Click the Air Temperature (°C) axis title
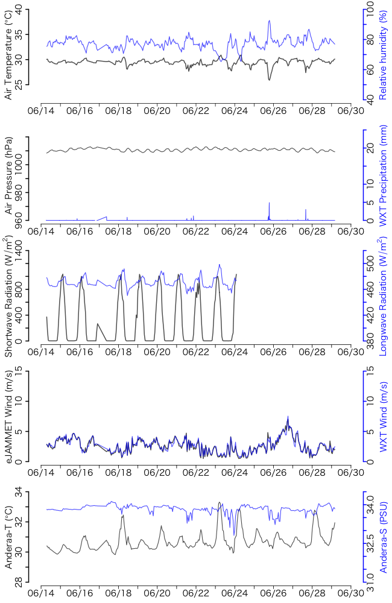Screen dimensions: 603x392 pos(8,54)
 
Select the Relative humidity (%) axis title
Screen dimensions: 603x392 pos(382,54)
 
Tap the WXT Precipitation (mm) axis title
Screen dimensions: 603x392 pos(382,178)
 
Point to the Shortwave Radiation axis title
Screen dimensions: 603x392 pos(8,295)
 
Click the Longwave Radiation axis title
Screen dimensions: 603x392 pos(382,295)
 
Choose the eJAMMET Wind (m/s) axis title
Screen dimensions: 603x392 pos(8,416)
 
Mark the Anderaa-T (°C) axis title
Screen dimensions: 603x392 pos(8,538)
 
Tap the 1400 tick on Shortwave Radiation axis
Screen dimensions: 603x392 pos(24,252)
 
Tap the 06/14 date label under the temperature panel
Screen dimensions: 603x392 pos(40,112)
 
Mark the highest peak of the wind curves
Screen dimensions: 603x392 pos(288,417)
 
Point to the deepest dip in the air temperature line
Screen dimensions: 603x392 pos(269,80)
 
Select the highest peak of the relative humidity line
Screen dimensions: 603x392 pos(270,21)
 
